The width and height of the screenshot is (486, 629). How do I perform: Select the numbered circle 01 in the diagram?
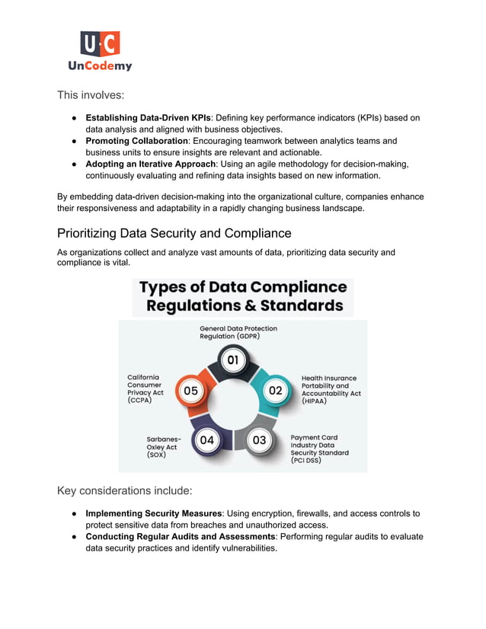coord(233,360)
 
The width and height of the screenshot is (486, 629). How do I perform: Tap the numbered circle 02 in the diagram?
coord(274,390)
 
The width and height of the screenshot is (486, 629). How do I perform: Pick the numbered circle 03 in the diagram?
coord(259,439)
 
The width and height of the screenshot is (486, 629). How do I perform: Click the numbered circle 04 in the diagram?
coord(206,439)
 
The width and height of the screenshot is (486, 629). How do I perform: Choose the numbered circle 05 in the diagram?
coord(190,391)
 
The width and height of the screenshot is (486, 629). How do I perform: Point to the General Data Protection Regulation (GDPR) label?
coord(238,332)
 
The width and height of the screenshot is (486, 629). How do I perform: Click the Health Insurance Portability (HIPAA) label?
coord(328,389)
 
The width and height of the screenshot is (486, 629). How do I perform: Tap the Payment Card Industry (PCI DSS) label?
coord(319,449)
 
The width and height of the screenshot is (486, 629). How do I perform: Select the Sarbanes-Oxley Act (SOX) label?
coord(163,446)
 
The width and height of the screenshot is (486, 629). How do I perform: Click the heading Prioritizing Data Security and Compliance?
coord(174,233)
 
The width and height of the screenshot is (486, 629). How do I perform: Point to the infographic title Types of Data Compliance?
coord(243,296)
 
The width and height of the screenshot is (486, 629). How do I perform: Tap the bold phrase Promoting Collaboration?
coord(136,141)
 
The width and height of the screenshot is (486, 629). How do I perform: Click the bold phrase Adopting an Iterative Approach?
coord(150,164)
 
